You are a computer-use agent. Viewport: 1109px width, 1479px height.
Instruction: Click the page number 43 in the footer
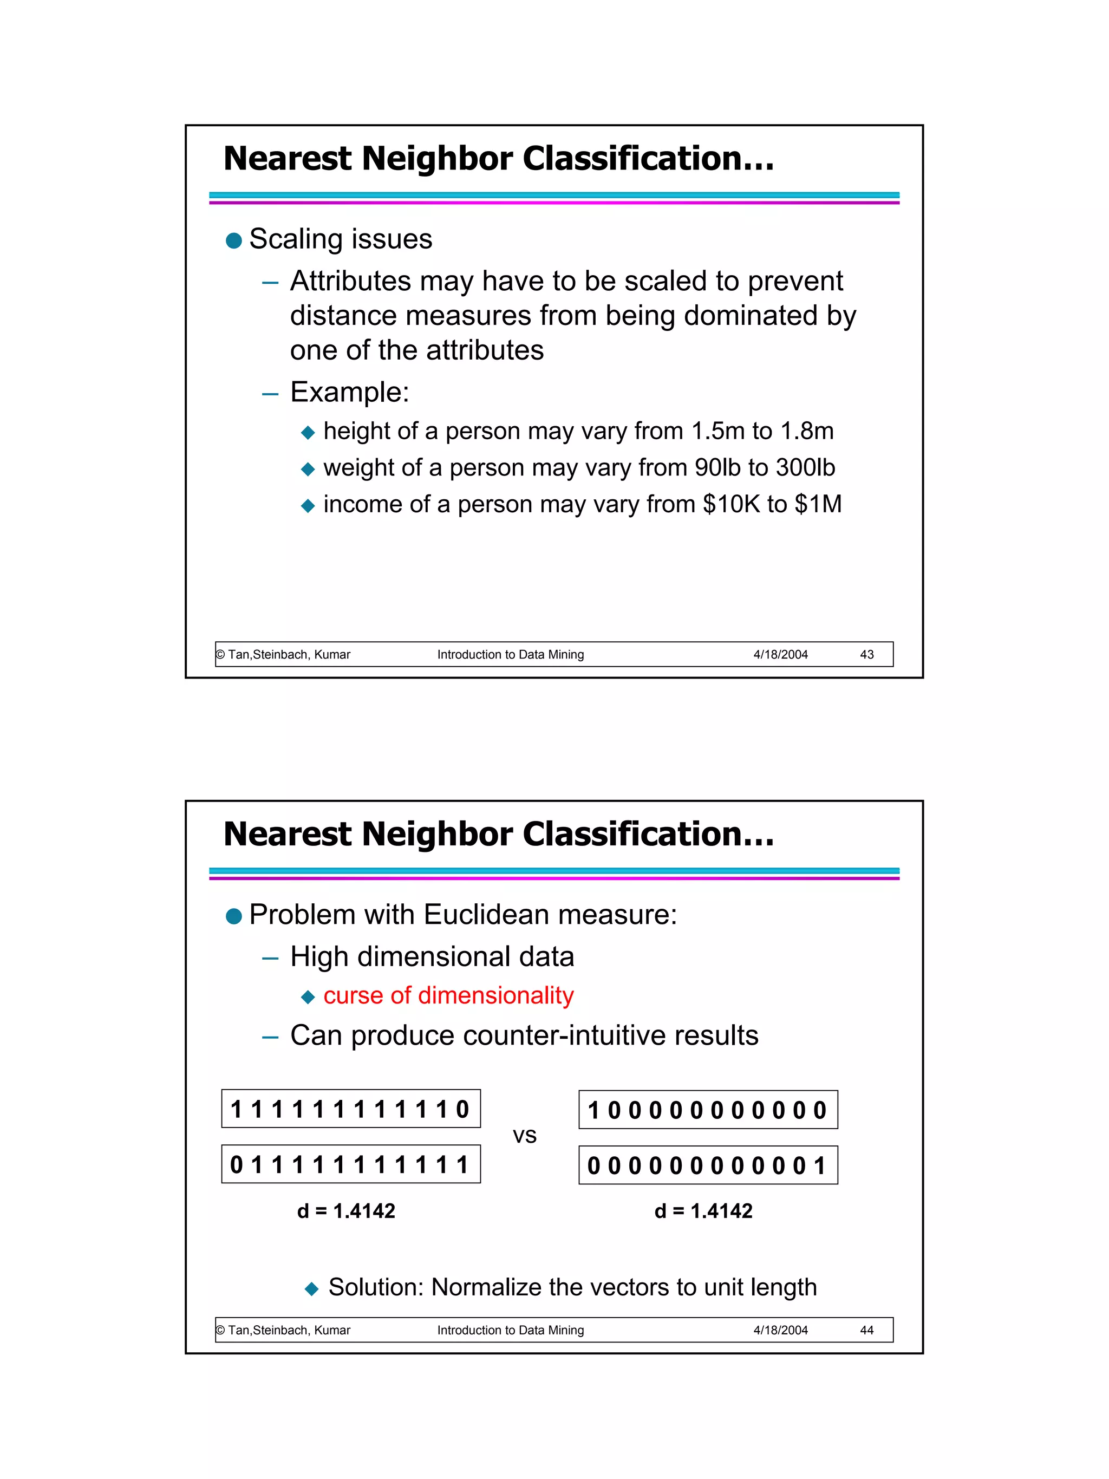(x=866, y=655)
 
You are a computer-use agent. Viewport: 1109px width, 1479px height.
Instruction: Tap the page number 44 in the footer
(x=866, y=1330)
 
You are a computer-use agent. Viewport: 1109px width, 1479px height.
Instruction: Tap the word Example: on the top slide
(x=349, y=392)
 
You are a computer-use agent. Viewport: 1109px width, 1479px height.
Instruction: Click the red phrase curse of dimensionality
(x=448, y=995)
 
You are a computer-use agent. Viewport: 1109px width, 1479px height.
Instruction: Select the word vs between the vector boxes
(x=525, y=1135)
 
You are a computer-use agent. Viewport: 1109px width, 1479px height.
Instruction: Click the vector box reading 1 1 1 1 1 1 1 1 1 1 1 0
(x=350, y=1109)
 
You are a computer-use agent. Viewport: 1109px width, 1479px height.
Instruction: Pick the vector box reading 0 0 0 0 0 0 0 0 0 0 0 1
(x=707, y=1165)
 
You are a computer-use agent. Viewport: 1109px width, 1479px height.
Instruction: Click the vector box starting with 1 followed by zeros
(x=707, y=1110)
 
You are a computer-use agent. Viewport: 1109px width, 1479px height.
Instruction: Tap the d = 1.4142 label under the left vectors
(x=345, y=1211)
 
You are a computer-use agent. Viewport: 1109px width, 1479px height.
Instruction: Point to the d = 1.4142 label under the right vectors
(x=703, y=1211)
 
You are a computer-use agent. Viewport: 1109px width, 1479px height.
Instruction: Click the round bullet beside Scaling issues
(x=234, y=240)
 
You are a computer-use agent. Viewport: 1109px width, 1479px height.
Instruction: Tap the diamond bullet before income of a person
(x=308, y=505)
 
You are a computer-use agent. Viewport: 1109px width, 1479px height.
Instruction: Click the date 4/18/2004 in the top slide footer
(x=780, y=655)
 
